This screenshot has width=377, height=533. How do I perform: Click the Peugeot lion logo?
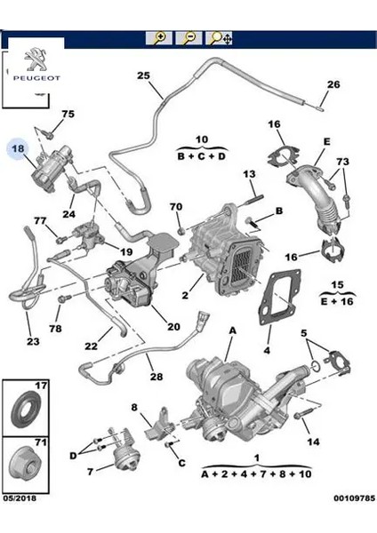tap(34, 60)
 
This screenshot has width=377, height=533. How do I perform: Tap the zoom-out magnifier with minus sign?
tap(188, 38)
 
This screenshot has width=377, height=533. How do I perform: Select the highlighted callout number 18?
tap(18, 150)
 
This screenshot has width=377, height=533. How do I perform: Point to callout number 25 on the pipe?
tap(142, 76)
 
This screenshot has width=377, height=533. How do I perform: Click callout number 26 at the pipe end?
tap(333, 85)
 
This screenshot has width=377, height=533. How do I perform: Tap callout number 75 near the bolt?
tap(68, 115)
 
